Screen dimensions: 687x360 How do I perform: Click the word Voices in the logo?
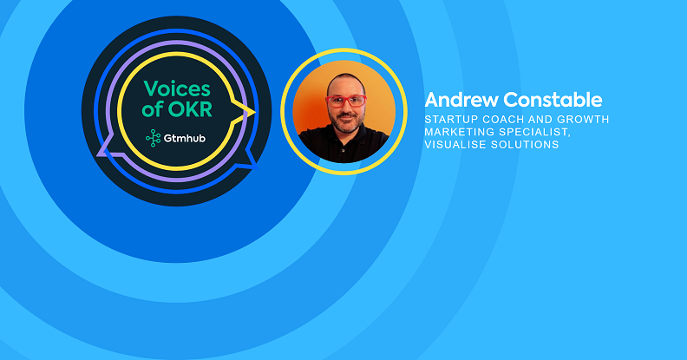[x=177, y=88]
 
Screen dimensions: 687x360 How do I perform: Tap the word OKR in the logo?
[x=190, y=109]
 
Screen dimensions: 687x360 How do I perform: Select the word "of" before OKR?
[x=153, y=109]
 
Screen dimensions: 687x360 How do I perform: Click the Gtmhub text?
[x=185, y=139]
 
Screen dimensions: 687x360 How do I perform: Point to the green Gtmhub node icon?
[x=153, y=138]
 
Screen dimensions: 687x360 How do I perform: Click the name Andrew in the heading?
[x=461, y=100]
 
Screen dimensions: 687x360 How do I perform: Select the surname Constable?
[x=553, y=100]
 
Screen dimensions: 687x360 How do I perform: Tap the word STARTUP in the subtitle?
[x=451, y=119]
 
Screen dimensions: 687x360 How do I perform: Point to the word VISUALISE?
[x=455, y=145]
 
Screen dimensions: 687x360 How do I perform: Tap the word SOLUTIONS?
[x=525, y=145]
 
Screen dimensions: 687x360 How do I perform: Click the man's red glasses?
[x=346, y=101]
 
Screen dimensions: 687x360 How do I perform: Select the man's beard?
[x=346, y=124]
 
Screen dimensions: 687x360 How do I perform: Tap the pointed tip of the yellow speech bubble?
[x=255, y=111]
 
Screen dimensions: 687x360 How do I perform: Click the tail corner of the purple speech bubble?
[x=98, y=154]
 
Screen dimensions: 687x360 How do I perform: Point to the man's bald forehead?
[x=346, y=86]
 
